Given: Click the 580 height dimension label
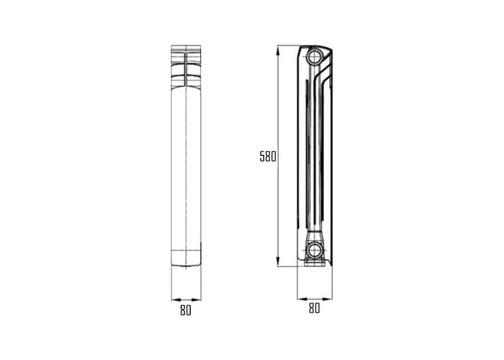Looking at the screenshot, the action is (x=268, y=156).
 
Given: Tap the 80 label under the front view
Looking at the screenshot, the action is (x=186, y=310).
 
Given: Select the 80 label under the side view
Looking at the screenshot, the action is (x=315, y=308).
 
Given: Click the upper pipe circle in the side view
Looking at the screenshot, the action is (x=313, y=57).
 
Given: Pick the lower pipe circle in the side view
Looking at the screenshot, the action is (x=313, y=250).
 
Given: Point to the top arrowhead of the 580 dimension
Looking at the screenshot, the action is (x=278, y=50).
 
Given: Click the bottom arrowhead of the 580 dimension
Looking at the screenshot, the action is (x=278, y=261).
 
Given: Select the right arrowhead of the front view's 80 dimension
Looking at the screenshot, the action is (x=196, y=300).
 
